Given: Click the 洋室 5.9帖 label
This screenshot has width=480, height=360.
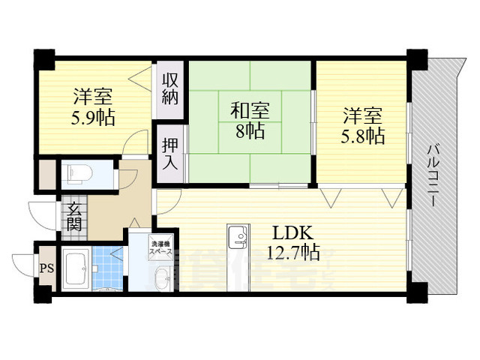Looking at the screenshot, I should coord(93,106).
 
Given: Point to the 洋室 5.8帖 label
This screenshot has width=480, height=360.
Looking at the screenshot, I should coord(364,126).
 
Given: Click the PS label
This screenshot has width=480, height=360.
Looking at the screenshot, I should coord(45,268).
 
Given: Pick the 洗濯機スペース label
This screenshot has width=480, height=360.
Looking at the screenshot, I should coord(161,248).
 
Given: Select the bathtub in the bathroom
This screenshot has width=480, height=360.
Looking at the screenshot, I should coord(77,268).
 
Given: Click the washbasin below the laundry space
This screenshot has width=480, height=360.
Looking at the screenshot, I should coord(161,280).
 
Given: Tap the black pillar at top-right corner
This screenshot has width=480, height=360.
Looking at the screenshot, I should coord(416,58).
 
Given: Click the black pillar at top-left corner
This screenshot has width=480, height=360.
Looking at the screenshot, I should coord(44,58).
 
